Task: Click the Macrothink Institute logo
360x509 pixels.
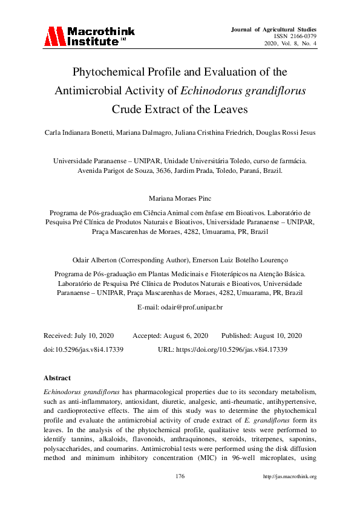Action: coord(89,36)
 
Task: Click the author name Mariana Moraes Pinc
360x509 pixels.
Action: coord(180,198)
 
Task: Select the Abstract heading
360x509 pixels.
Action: coord(57,378)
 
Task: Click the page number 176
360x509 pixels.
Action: coord(180,476)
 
